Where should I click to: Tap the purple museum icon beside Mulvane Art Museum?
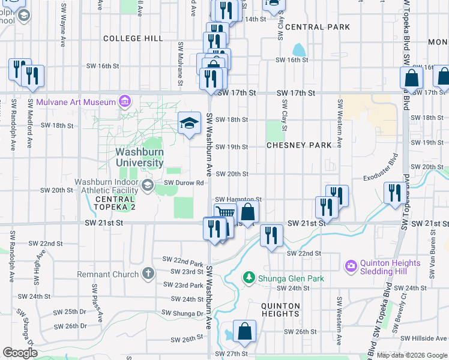point(125,101)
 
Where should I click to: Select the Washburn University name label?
point(140,157)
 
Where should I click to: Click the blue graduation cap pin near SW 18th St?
point(190,124)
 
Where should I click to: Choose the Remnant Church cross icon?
point(148,275)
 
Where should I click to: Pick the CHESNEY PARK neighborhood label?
point(299,145)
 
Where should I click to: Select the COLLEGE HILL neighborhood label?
point(133,38)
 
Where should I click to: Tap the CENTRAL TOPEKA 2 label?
point(115,203)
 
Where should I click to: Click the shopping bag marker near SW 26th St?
point(245,331)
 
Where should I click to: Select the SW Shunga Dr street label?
point(182,313)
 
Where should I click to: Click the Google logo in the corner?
point(20,353)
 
